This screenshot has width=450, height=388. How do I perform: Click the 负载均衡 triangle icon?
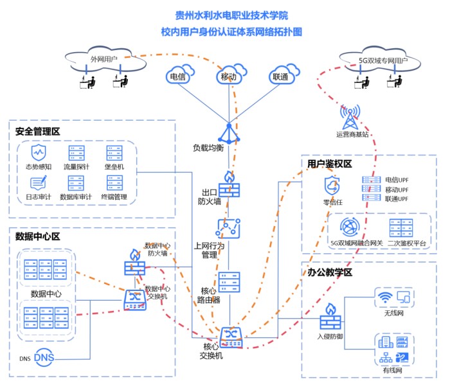point(229,132)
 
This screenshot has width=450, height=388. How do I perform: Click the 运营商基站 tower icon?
point(350,116)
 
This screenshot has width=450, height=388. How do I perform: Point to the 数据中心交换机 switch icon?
point(136,298)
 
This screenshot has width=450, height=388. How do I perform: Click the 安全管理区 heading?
point(38,132)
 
